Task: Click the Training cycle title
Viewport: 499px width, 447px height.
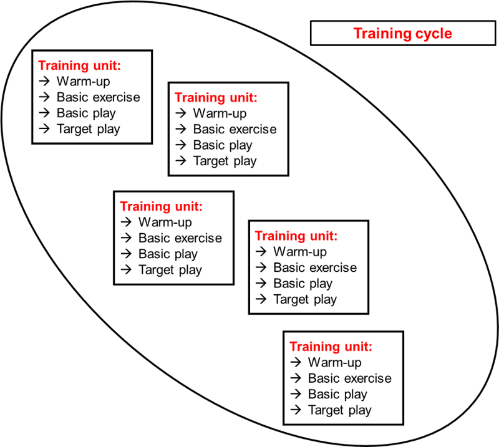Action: click(402, 33)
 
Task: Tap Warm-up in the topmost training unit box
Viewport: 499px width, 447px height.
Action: click(83, 81)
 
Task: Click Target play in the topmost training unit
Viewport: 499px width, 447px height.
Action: click(88, 129)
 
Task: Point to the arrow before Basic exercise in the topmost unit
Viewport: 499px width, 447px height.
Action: click(44, 97)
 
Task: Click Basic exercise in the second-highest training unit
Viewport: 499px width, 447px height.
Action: click(235, 130)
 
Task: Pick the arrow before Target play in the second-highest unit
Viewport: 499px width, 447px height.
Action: click(180, 161)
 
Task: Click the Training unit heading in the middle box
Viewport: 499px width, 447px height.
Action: click(161, 206)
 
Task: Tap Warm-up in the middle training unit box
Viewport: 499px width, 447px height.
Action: click(165, 222)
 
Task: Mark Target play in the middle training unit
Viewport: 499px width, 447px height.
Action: click(170, 270)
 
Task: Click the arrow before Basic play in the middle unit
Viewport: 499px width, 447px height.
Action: click(126, 254)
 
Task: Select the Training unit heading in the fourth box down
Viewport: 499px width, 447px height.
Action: click(296, 236)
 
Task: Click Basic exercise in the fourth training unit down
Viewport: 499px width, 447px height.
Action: click(315, 267)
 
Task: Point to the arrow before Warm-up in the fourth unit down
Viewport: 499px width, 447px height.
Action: click(261, 252)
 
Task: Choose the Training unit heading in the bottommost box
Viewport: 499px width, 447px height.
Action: click(331, 347)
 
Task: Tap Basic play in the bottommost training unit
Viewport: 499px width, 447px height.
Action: click(337, 394)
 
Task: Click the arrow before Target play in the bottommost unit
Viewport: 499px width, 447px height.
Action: click(296, 410)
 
